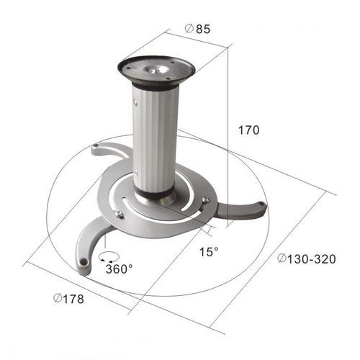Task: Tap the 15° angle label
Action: (x=210, y=253)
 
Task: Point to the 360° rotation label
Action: (x=119, y=269)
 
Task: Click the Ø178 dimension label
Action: (x=68, y=299)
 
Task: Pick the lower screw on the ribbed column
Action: (x=136, y=171)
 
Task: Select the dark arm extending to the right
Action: (x=241, y=210)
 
